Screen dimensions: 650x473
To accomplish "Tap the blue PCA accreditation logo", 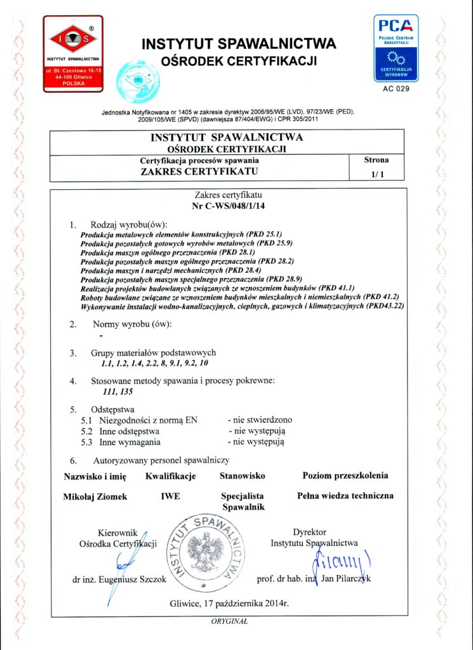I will click(x=396, y=48).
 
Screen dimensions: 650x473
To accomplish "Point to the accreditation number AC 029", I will click(x=396, y=89).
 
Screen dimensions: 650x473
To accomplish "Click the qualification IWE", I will click(x=171, y=496).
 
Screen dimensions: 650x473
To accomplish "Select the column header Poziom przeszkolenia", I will click(x=345, y=475).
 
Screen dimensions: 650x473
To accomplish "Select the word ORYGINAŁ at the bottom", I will click(x=229, y=623).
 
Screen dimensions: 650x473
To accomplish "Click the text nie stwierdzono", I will click(x=260, y=420).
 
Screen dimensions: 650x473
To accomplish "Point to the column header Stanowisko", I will click(x=242, y=475).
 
